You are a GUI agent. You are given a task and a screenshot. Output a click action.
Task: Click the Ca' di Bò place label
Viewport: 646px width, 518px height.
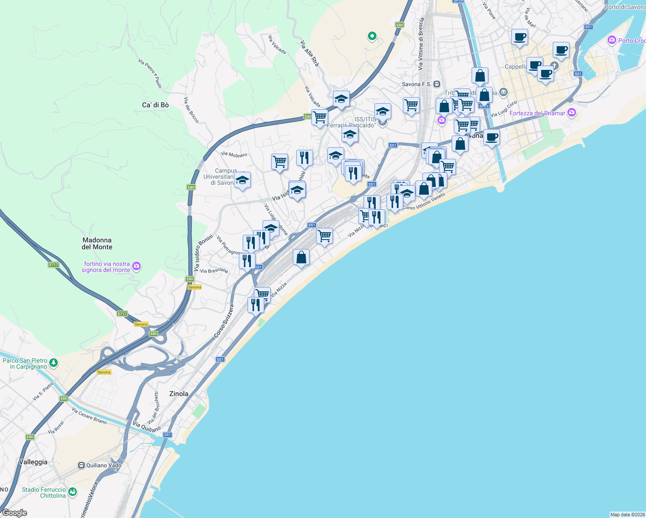pos(155,105)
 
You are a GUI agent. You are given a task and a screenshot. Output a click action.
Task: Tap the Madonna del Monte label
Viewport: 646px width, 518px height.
pos(97,243)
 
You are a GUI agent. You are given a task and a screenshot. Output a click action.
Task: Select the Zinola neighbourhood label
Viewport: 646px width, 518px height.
pos(179,394)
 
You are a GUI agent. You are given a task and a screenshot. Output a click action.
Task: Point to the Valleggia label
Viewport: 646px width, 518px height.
pos(33,462)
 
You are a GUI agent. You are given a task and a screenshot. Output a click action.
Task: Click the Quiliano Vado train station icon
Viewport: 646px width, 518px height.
pos(81,465)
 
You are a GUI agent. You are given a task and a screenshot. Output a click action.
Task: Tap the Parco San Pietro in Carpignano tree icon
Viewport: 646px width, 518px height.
pos(54,363)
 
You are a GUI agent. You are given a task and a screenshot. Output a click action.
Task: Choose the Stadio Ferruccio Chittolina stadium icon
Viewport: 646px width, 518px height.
pos(73,492)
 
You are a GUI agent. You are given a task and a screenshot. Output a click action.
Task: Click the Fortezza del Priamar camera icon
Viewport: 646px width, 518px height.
pos(572,113)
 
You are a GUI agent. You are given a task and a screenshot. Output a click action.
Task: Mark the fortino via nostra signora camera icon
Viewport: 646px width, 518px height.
pos(136,266)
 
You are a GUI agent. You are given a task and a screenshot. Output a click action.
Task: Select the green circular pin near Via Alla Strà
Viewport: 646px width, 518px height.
pos(372,36)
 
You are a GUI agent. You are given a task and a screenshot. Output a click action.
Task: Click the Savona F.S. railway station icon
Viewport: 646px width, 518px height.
pos(437,84)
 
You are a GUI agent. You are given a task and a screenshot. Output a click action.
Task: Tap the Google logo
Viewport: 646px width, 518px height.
pos(14,513)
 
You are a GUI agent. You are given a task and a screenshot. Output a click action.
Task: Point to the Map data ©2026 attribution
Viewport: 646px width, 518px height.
pos(627,515)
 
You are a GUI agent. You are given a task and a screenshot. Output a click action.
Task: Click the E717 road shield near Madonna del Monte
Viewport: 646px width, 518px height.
pos(53,265)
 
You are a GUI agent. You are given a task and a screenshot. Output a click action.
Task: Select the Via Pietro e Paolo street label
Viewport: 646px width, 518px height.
pos(150,73)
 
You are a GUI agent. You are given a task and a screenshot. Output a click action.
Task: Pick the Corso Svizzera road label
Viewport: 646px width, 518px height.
pos(224,321)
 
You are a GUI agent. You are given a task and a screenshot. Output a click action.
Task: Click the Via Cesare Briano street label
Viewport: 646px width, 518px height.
pos(89,416)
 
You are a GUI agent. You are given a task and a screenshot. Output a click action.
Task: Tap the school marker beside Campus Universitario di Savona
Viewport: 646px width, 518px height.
pos(242,180)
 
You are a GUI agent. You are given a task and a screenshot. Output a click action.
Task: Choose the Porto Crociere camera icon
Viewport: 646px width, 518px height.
pos(611,41)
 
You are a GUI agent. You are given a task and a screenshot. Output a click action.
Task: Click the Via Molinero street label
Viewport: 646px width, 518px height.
pos(234,154)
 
